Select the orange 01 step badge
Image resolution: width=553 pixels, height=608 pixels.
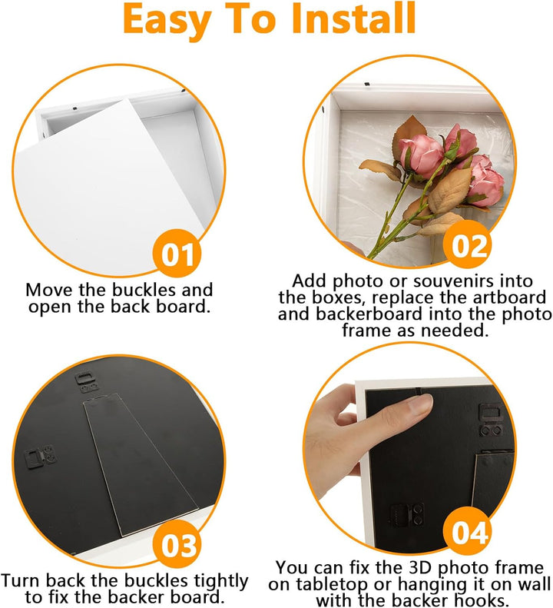177,254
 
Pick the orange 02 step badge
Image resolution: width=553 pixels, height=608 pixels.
469,245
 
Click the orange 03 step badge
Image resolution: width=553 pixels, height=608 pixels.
177,544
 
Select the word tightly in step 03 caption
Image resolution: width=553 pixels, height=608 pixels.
222,582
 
